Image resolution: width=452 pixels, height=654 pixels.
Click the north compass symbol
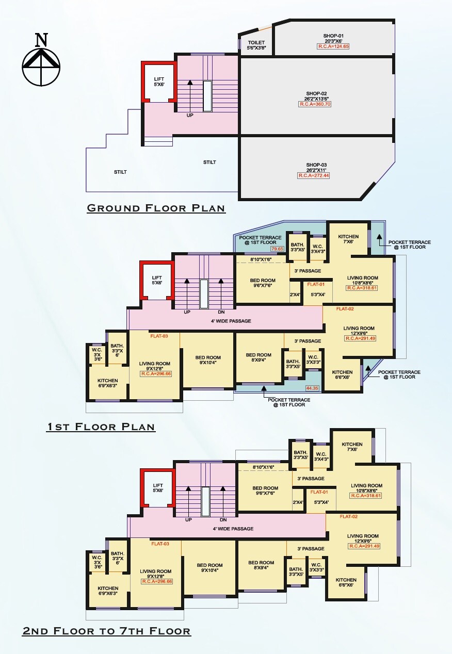tap(41, 61)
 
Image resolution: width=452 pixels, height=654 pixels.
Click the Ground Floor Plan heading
tap(156, 208)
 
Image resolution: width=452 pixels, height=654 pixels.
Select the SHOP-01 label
tap(333, 36)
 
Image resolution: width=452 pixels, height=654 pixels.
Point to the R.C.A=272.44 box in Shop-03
tap(313, 176)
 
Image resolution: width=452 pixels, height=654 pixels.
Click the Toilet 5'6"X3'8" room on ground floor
tap(256, 45)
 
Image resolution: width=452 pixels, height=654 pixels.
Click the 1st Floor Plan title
tap(101, 427)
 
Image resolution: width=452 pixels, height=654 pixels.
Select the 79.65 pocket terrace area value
tap(278, 249)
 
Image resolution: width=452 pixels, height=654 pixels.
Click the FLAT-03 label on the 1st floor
tap(159, 336)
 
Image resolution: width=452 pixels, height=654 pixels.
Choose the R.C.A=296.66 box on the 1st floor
tap(156, 373)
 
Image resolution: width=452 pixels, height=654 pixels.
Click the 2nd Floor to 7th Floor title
tap(106, 631)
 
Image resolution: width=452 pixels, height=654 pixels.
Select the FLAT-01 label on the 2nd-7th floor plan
tap(319, 492)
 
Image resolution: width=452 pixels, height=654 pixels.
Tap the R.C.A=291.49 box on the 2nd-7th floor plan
tap(364, 546)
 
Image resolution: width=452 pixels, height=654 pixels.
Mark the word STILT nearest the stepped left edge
tap(120, 172)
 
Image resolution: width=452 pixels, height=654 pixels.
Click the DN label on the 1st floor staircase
tap(221, 312)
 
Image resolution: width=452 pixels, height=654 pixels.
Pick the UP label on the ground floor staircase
tap(190, 115)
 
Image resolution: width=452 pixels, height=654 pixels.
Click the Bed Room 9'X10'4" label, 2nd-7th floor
tap(209, 568)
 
